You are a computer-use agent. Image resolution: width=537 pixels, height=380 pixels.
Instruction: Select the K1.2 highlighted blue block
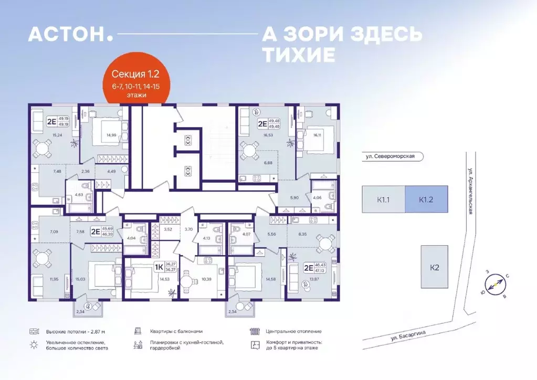click(426, 199)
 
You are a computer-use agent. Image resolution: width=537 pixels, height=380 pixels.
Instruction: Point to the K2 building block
click(434, 267)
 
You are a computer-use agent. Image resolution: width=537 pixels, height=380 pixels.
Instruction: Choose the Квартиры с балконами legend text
click(175, 332)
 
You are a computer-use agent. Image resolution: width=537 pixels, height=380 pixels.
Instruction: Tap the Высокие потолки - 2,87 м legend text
click(68, 332)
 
